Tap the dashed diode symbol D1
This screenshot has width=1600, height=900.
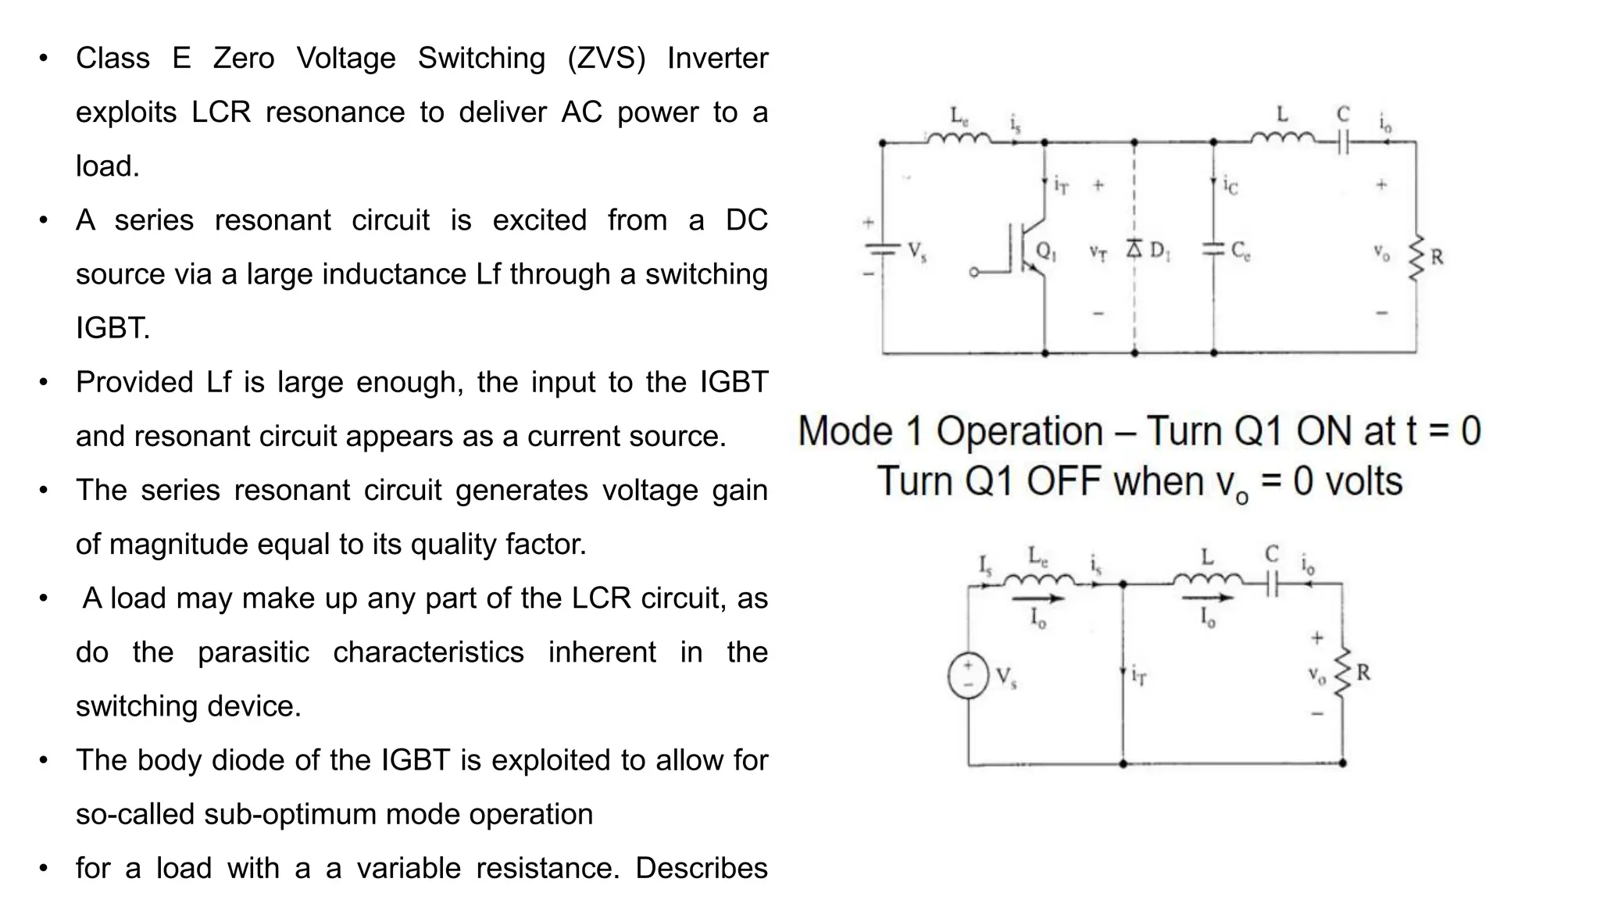[x=1134, y=249]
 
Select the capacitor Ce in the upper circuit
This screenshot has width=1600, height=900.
[x=1213, y=249]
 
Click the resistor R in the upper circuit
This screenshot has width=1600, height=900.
[x=1416, y=258]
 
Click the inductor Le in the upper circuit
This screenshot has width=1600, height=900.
[x=959, y=139]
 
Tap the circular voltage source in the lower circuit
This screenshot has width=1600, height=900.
[x=968, y=675]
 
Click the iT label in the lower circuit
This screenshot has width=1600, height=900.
[x=1139, y=675]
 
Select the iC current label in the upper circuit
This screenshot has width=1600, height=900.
[x=1230, y=186]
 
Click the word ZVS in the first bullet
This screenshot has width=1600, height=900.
[x=606, y=59]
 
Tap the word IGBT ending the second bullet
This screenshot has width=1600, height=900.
[x=112, y=328]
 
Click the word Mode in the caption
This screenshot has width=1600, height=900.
[x=845, y=431]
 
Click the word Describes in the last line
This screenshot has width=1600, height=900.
[x=701, y=868]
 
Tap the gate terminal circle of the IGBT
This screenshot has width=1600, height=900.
[x=973, y=273]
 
